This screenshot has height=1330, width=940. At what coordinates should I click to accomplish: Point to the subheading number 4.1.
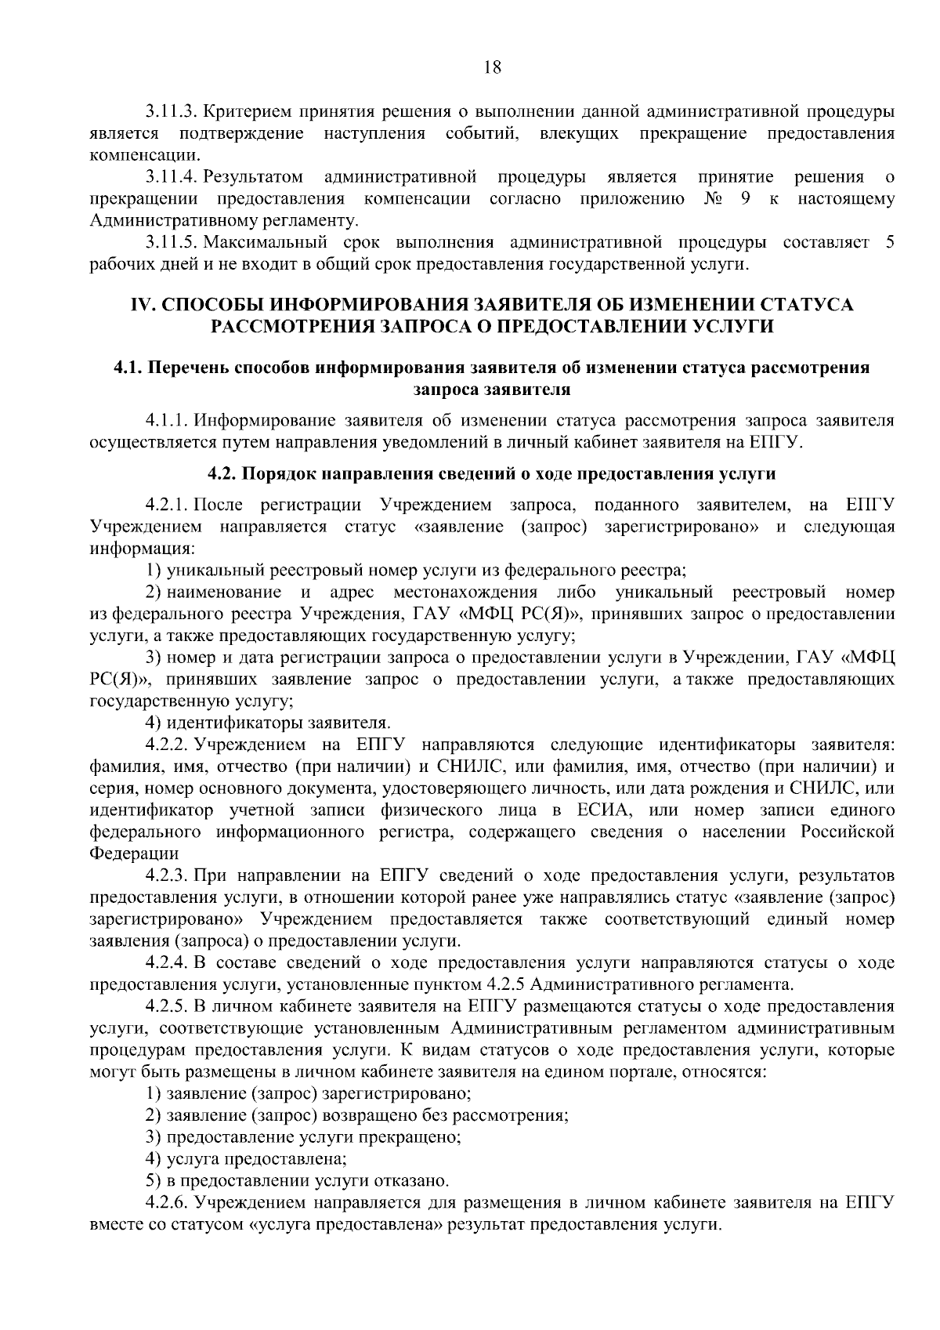[128, 368]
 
